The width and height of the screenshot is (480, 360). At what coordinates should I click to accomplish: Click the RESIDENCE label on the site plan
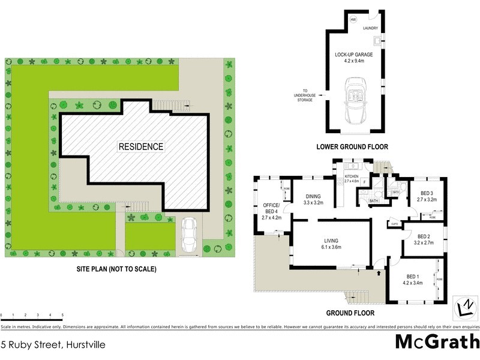pyautogui.click(x=140, y=146)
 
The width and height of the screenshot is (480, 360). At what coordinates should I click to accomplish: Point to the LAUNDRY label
pyautogui.click(x=370, y=28)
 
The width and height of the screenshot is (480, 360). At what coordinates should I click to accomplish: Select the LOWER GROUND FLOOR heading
pyautogui.click(x=352, y=146)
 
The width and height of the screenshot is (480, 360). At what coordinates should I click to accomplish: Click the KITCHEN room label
pyautogui.click(x=352, y=176)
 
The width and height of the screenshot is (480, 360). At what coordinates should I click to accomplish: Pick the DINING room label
pyautogui.click(x=313, y=196)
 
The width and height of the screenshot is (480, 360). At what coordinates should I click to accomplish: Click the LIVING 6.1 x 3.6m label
pyautogui.click(x=331, y=243)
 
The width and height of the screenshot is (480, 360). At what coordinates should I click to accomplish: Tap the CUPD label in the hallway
pyautogui.click(x=394, y=224)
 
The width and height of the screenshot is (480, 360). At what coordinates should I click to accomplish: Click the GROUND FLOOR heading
pyautogui.click(x=350, y=313)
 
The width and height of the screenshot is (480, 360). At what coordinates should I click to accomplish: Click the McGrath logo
pyautogui.click(x=437, y=341)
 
